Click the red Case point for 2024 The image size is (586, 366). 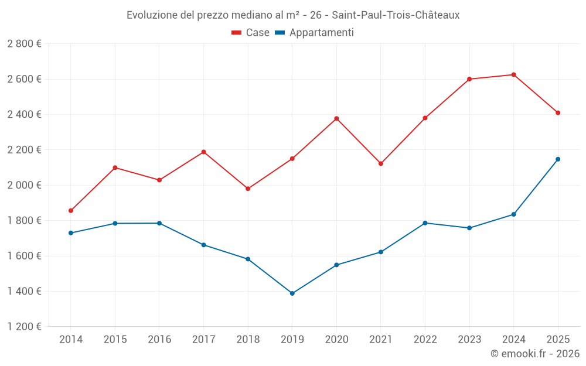pyautogui.click(x=513, y=74)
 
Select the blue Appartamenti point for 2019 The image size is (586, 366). pyautogui.click(x=292, y=293)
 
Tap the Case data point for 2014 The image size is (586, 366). pyautogui.click(x=71, y=210)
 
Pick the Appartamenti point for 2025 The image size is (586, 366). pyautogui.click(x=558, y=159)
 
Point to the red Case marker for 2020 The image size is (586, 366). pyautogui.click(x=336, y=118)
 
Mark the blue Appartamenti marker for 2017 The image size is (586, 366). pyautogui.click(x=203, y=245)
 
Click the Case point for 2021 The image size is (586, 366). pyautogui.click(x=381, y=163)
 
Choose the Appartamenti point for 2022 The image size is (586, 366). pyautogui.click(x=425, y=223)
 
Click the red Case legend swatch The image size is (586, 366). pyautogui.click(x=237, y=33)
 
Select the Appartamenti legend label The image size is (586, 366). pyautogui.click(x=321, y=33)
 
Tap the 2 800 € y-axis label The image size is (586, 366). pyautogui.click(x=24, y=43)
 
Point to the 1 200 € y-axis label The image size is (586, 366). pyautogui.click(x=24, y=327)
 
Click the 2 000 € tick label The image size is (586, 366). pyautogui.click(x=24, y=185)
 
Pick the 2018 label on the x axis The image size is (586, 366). pyautogui.click(x=248, y=339)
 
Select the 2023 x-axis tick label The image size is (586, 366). pyautogui.click(x=469, y=339)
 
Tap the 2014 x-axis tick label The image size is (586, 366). pyautogui.click(x=71, y=339)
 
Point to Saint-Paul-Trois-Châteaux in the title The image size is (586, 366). pyautogui.click(x=396, y=15)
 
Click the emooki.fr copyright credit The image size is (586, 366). pyautogui.click(x=534, y=353)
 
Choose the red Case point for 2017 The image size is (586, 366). pyautogui.click(x=203, y=152)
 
